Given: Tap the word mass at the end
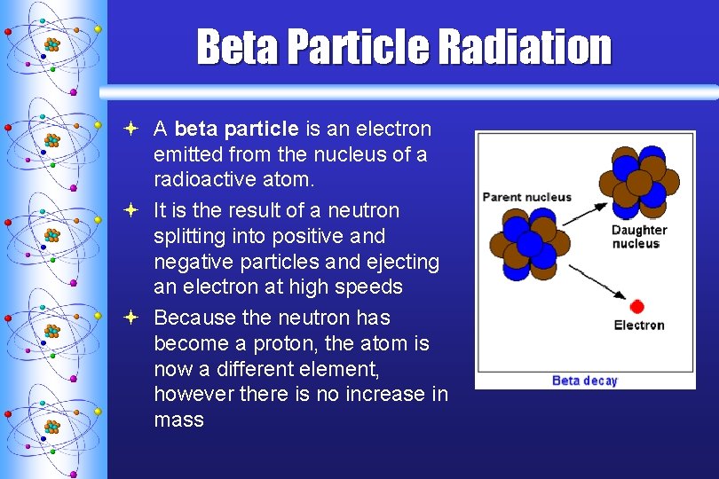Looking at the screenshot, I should [178, 420].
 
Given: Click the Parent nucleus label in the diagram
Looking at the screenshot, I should [526, 197].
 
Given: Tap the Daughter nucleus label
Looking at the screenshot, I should [639, 237].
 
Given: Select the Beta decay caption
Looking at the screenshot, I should [584, 381].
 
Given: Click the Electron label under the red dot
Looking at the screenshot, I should [639, 326].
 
